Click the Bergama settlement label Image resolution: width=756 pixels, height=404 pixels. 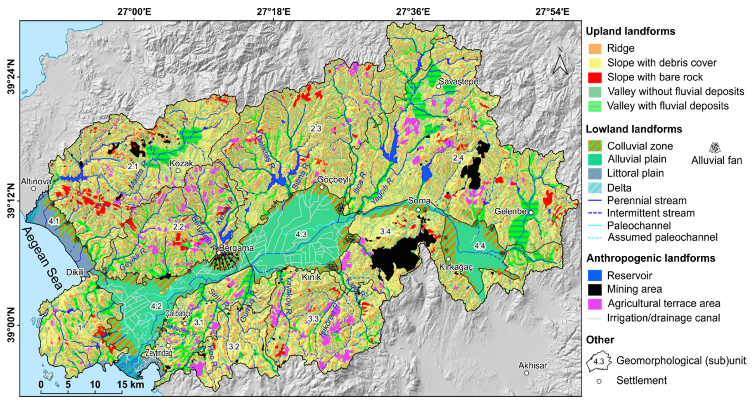236,248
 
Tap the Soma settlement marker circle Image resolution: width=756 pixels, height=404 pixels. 418,210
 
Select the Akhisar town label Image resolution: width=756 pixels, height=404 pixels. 532,366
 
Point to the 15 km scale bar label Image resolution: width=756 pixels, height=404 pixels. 131,384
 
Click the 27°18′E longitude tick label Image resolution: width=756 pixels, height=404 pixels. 273,12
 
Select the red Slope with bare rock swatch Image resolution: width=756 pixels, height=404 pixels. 595,77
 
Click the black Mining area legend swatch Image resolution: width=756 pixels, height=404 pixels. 595,289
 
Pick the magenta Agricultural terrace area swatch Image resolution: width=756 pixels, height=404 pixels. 595,304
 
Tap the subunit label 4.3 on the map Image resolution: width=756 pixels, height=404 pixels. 301,234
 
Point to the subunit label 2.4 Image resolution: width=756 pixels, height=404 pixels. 458,158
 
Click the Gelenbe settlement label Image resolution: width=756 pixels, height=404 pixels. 510,211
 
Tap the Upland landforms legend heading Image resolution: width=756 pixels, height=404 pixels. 630,31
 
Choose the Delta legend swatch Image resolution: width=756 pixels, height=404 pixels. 595,188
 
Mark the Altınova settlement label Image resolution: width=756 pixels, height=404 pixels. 36,182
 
